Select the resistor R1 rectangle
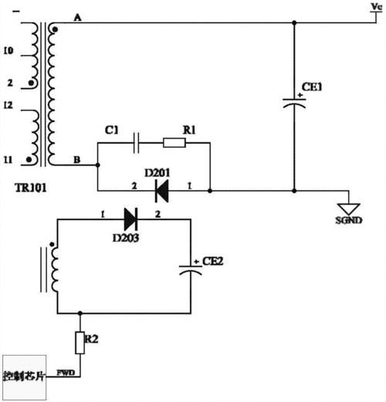174,142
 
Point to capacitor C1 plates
137,142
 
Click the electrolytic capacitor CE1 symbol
293,104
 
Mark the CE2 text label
214,261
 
